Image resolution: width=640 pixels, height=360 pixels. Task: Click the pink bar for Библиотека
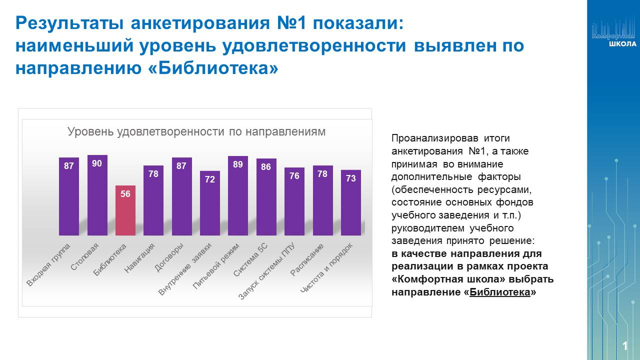[125, 212]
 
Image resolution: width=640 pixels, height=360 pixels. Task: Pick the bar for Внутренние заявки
[209, 205]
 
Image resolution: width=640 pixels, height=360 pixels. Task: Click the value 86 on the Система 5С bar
[266, 167]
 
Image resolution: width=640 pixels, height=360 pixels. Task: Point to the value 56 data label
[125, 194]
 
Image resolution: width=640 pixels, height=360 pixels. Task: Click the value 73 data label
[350, 178]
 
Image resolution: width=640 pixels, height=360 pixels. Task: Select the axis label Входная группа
[48, 265]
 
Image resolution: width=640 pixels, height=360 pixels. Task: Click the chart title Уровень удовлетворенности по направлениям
[196, 132]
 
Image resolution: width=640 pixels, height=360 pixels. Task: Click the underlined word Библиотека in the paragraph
[500, 292]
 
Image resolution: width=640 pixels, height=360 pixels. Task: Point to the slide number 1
[625, 346]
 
